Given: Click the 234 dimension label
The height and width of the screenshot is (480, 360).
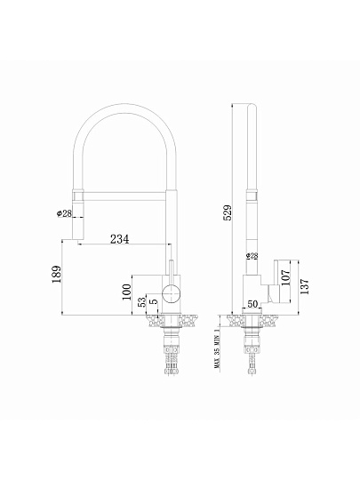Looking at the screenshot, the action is [x=120, y=239].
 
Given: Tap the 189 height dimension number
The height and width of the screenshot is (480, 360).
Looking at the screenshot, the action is [x=57, y=274].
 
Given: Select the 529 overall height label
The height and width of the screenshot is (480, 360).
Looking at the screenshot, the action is [x=228, y=212].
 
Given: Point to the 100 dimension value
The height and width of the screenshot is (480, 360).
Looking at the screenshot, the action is [x=127, y=292].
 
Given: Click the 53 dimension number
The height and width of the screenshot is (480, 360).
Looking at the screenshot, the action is [x=142, y=302].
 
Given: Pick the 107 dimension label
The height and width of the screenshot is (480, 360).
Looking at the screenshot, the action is [x=285, y=277].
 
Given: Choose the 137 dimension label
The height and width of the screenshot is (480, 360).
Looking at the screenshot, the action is [x=305, y=286].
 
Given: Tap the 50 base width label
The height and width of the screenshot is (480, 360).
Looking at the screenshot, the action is [x=252, y=304].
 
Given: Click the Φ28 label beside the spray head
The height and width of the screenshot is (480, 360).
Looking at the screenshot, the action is [x=64, y=213].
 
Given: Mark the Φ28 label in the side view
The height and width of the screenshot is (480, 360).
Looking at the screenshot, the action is [x=252, y=256].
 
